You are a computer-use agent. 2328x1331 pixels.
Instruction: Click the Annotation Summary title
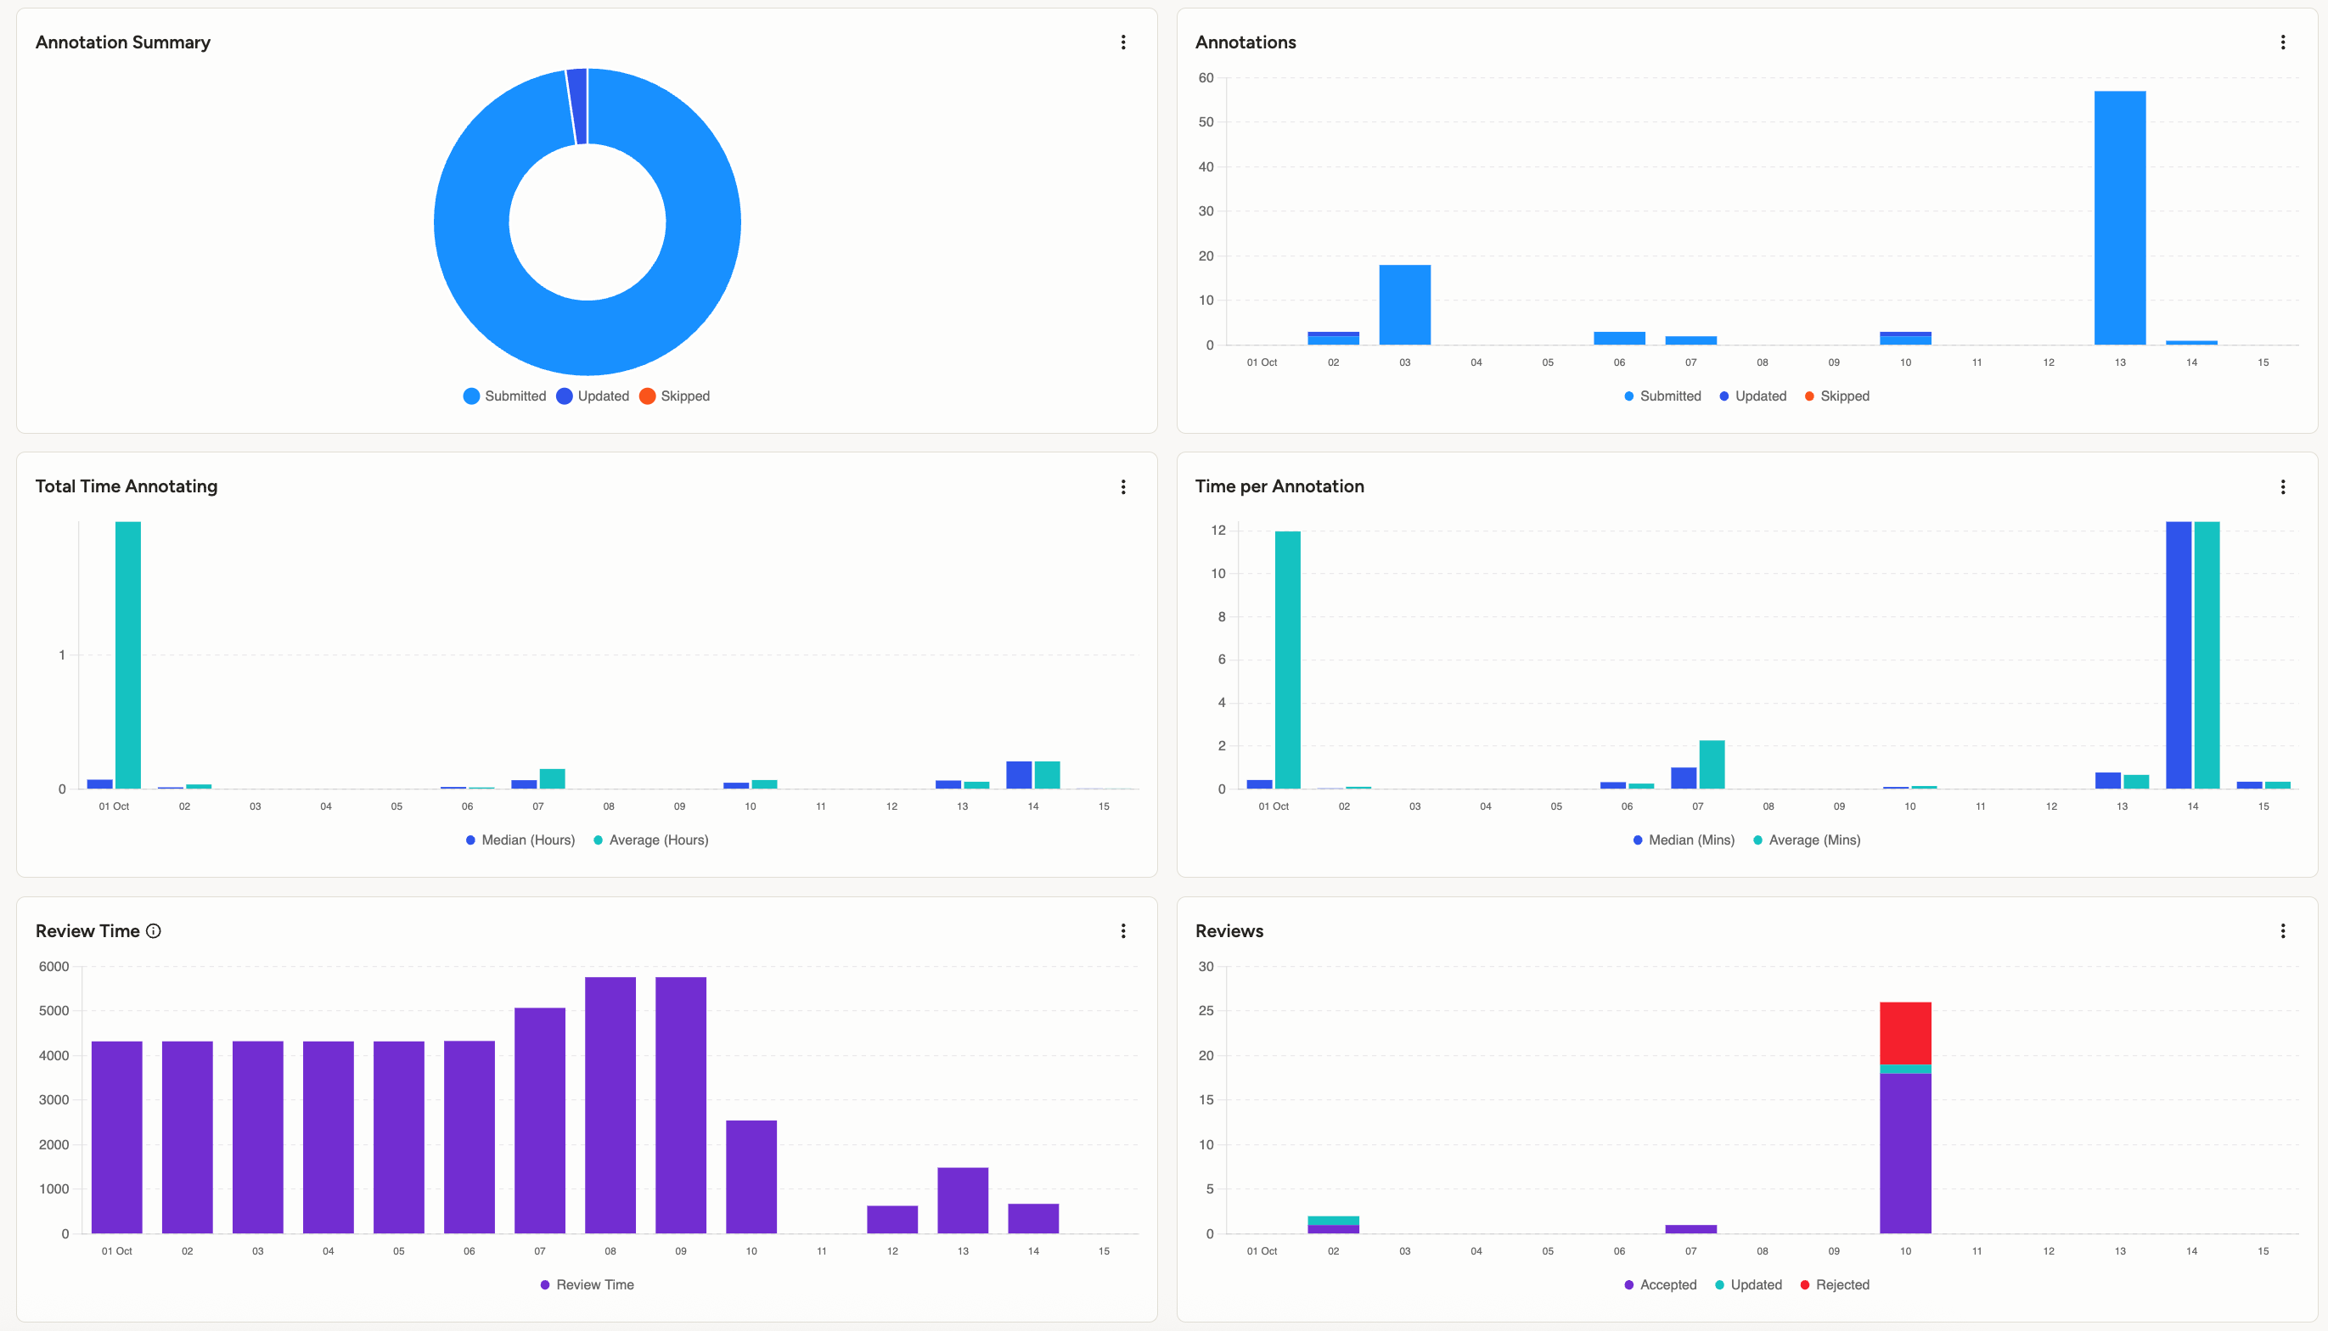pos(122,42)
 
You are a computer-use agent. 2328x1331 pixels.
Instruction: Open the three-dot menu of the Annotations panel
pos(2282,42)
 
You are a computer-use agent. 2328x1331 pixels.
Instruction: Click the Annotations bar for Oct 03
pos(1404,305)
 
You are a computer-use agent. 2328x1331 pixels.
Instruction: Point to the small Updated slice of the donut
pos(576,106)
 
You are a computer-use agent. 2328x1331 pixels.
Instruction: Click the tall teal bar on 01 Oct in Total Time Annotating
pos(128,654)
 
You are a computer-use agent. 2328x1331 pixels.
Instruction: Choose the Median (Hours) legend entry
pos(520,840)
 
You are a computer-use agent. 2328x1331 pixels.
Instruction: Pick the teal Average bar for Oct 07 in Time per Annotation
pos(1711,764)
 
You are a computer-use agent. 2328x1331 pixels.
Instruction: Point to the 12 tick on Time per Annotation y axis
pos(1217,531)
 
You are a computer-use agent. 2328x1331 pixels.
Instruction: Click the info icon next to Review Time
pos(154,930)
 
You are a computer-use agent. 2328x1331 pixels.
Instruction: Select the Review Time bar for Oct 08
pos(610,1104)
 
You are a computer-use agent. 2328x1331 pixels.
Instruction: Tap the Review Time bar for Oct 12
pos(892,1220)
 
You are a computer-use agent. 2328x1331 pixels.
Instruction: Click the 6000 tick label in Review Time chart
pos(54,966)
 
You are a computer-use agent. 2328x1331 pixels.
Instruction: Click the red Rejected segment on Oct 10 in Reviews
pos(1905,1033)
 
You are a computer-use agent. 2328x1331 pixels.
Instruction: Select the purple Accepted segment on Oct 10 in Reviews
pos(1905,1153)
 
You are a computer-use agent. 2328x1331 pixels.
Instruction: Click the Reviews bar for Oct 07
pos(1690,1228)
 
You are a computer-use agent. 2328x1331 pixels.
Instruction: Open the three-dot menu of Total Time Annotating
pos(1122,486)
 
